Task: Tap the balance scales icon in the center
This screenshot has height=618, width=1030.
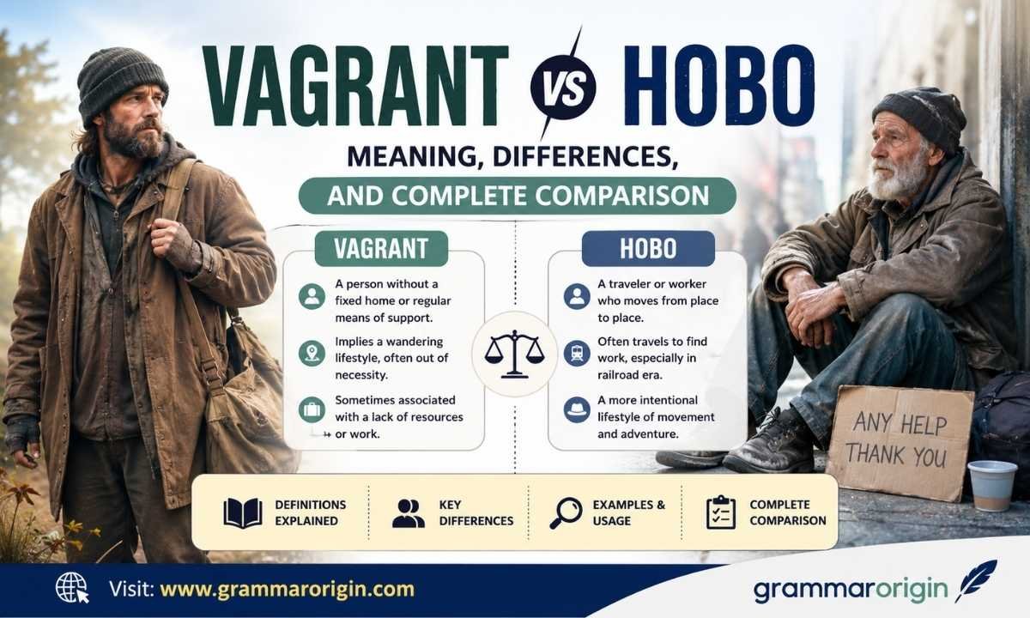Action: (514, 354)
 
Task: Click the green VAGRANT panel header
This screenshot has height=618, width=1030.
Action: (381, 248)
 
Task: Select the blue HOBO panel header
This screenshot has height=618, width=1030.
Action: (648, 248)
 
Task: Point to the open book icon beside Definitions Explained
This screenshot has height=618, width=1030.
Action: (243, 512)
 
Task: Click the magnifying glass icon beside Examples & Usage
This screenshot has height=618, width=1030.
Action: (566, 512)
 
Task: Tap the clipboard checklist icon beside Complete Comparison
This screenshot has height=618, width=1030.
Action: (720, 512)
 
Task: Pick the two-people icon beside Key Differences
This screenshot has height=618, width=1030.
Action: (409, 512)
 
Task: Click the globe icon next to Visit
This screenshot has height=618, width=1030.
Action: (72, 588)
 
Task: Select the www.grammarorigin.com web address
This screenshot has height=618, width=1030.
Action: (287, 589)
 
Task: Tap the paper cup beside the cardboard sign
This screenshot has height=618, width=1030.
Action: (992, 486)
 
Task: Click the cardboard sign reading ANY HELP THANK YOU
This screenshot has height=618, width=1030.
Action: (900, 442)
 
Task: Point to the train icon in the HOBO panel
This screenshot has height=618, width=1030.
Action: (577, 354)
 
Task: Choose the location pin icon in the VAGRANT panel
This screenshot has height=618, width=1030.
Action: (312, 354)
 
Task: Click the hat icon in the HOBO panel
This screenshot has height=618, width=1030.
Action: (577, 409)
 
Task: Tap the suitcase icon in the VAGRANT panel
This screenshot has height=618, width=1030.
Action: (312, 409)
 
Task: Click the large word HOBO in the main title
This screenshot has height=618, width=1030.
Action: (719, 87)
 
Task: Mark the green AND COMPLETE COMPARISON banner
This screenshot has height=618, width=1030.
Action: (518, 196)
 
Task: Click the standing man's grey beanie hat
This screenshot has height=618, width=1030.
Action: (121, 84)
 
